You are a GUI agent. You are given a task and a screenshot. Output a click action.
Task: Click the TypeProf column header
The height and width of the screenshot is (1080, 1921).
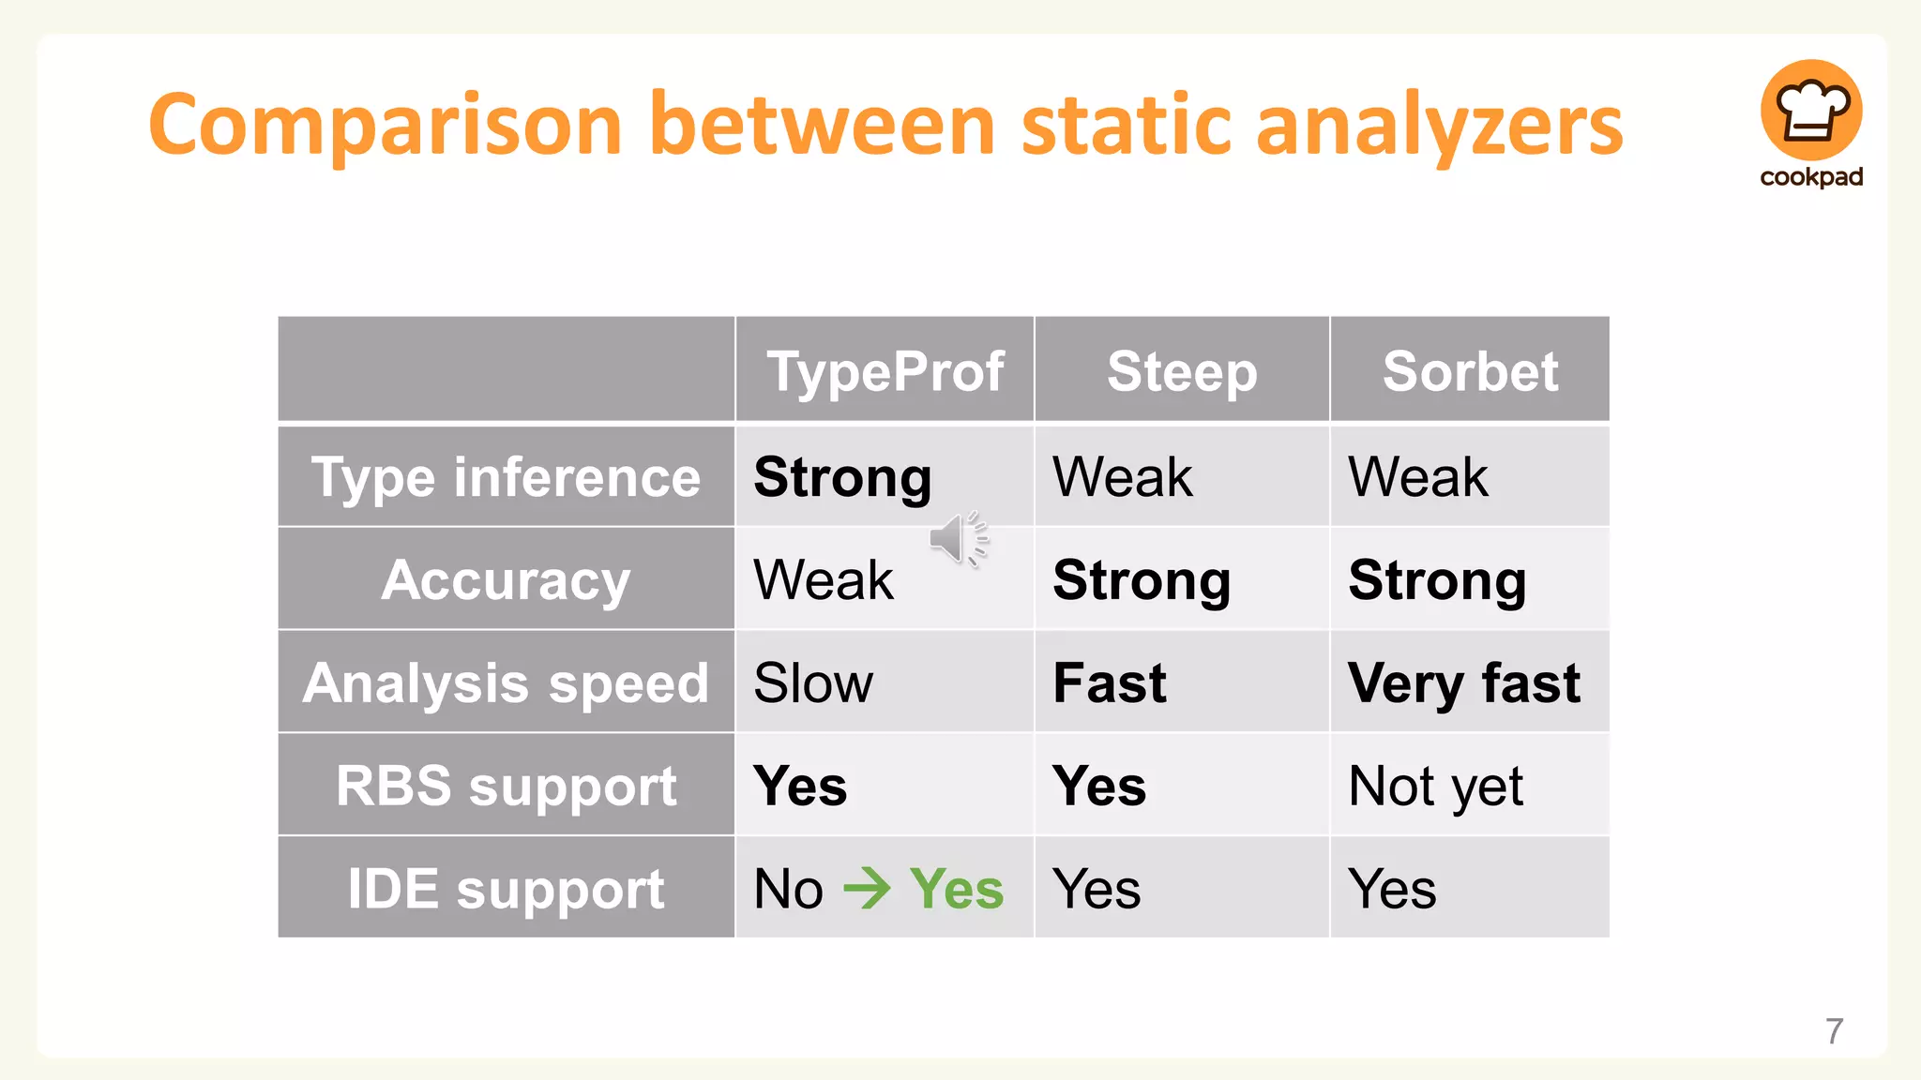(885, 371)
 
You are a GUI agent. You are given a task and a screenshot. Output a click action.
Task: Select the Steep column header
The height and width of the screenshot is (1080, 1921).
(1181, 371)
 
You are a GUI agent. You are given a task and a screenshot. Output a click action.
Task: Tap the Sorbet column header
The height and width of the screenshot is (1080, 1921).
(1469, 371)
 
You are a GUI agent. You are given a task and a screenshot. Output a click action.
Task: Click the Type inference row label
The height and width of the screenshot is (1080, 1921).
(506, 477)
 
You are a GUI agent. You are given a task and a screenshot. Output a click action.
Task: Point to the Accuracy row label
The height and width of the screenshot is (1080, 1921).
(506, 580)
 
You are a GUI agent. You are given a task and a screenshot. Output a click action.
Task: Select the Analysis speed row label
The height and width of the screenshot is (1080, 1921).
(506, 683)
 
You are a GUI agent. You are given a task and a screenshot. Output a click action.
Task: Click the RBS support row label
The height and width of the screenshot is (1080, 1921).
(506, 786)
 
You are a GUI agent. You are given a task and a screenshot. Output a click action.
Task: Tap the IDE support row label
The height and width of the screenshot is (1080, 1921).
(506, 889)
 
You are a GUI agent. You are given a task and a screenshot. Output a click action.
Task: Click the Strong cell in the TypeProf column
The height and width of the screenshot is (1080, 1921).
(842, 477)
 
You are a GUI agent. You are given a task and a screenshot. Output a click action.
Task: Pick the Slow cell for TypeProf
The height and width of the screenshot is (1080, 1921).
(813, 683)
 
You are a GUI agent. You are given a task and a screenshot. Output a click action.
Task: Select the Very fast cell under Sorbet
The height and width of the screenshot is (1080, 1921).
(1463, 683)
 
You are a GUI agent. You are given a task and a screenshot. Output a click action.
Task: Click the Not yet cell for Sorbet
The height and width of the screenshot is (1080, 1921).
(1435, 786)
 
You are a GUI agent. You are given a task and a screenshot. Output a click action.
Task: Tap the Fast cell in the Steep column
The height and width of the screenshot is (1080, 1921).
(1110, 683)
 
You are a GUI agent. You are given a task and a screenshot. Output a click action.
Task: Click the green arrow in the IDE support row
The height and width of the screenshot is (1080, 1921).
(867, 889)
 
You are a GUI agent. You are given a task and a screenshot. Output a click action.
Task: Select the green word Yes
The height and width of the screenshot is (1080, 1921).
(956, 889)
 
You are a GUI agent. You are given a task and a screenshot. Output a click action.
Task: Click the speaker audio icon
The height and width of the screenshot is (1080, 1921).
(957, 539)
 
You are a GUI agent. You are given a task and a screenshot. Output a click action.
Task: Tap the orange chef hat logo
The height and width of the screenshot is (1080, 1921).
(1810, 111)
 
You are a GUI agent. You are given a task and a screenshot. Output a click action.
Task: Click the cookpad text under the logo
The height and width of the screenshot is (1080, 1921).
(1810, 177)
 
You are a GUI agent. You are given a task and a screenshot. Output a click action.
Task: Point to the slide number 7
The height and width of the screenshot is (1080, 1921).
(1834, 1031)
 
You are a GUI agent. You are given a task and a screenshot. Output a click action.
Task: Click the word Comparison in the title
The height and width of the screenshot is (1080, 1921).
(385, 126)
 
